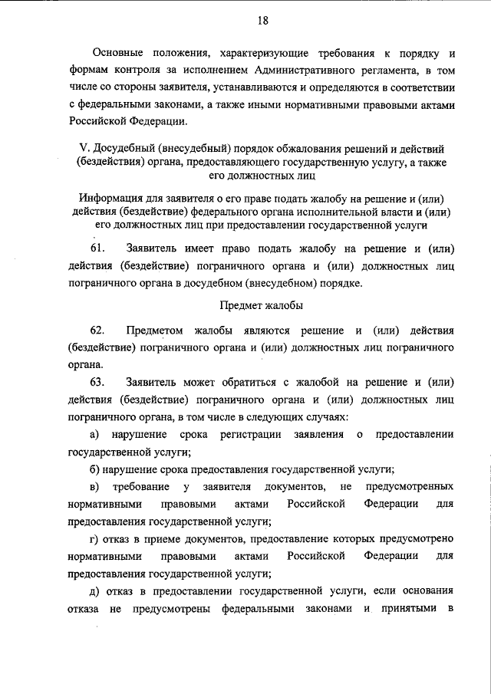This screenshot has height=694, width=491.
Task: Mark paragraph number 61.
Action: tap(97, 249)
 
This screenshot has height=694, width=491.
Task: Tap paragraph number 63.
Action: tap(97, 382)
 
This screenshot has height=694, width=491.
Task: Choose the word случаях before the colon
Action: tap(327, 416)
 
